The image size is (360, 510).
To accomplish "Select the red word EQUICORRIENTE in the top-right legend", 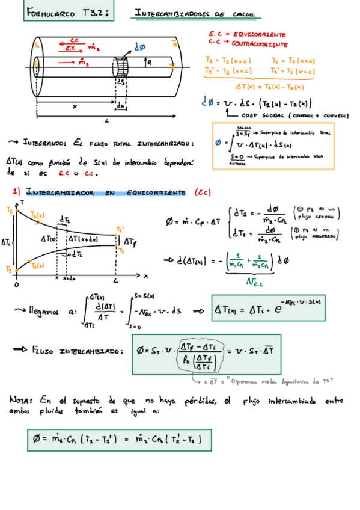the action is [260, 35].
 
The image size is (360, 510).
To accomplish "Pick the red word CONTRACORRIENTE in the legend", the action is [260, 44].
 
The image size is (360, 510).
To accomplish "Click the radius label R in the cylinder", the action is [149, 61].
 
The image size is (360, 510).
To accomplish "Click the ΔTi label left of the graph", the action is [5, 241].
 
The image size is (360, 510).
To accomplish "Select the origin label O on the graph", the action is [16, 283].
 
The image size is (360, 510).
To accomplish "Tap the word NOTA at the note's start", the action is [22, 399].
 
